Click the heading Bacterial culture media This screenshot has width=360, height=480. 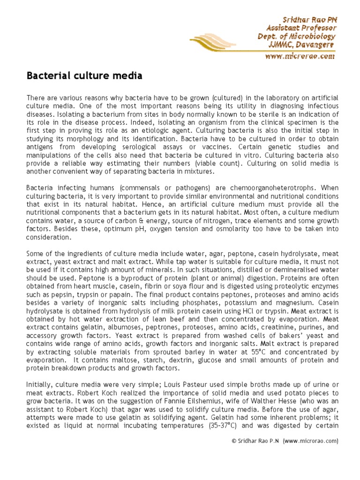click(x=84, y=75)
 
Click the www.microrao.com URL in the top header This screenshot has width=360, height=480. click(x=300, y=56)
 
